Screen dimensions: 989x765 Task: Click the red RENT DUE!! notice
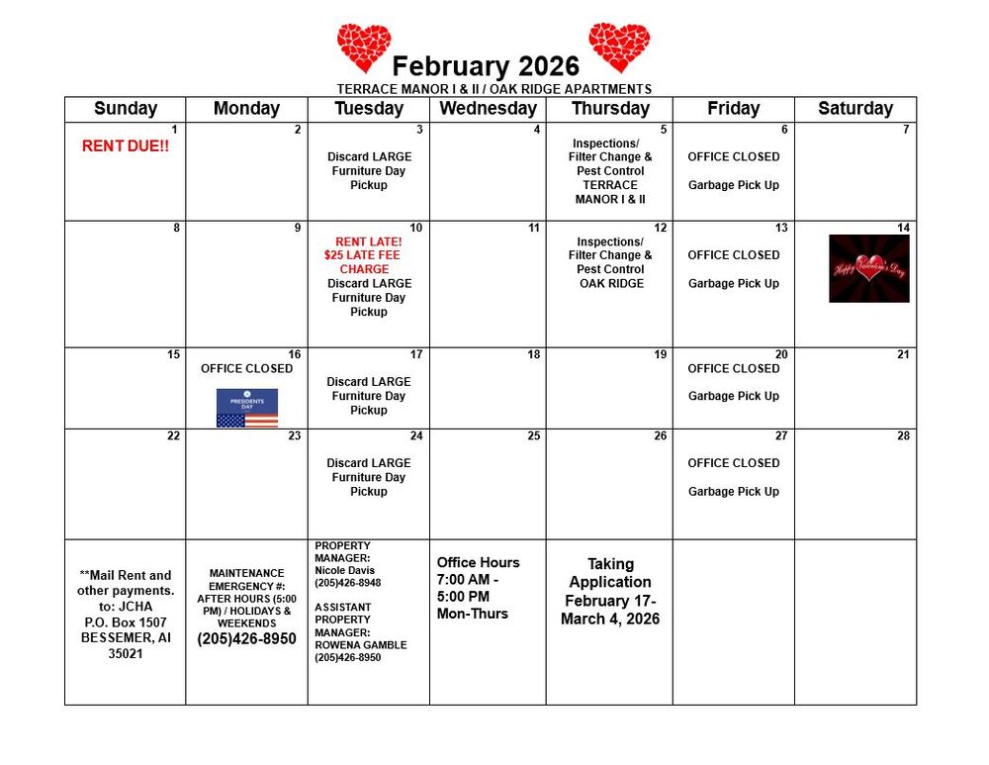tap(125, 146)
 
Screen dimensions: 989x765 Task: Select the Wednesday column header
tap(488, 109)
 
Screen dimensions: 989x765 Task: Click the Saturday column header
tap(855, 109)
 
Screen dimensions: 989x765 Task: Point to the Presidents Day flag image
tap(247, 408)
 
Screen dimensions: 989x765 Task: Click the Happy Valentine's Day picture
tap(868, 268)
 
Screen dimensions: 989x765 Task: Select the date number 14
tap(903, 228)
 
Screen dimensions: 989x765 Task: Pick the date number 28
tap(903, 435)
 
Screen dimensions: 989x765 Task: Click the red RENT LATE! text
tap(368, 241)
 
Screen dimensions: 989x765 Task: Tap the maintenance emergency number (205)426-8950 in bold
tap(246, 639)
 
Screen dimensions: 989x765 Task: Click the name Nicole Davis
tap(345, 570)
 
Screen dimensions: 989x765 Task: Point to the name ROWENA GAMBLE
tap(360, 645)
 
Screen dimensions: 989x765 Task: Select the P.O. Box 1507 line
tap(126, 622)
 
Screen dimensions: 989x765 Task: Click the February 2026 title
tap(486, 66)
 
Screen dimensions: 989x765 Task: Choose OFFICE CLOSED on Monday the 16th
tap(246, 368)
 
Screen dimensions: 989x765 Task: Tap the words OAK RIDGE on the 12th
tap(611, 283)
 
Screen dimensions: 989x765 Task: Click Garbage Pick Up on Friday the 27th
tap(734, 491)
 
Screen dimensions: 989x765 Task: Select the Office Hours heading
tap(478, 562)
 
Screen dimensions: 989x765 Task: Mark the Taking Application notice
tap(610, 573)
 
